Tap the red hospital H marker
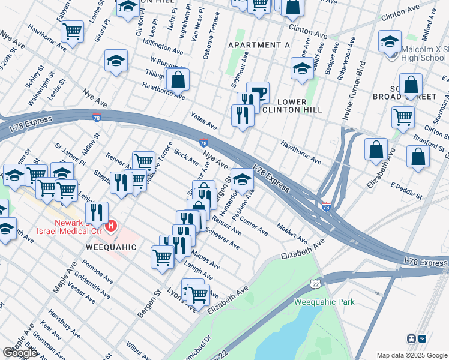click(111, 226)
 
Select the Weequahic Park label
click(324, 302)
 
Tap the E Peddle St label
click(406, 191)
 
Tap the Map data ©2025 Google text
click(412, 355)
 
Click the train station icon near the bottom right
click(412, 338)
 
